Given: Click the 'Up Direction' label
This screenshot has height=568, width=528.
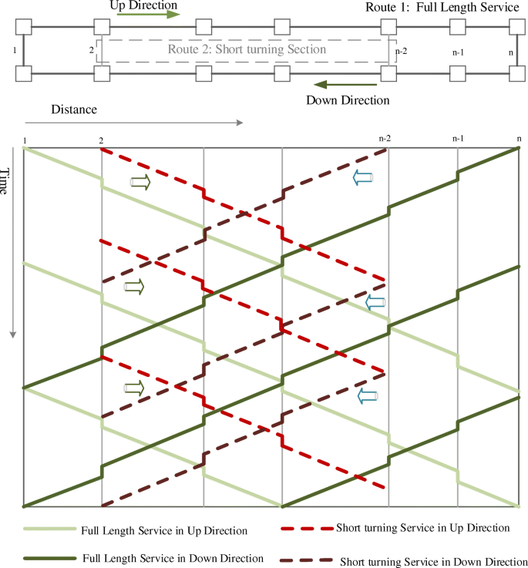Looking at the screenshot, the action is [143, 5].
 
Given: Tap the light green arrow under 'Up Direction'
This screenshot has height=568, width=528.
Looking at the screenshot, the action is [148, 15].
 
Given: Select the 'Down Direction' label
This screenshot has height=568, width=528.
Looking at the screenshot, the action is [348, 100].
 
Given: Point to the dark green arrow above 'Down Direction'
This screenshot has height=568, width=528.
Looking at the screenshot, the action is [345, 85].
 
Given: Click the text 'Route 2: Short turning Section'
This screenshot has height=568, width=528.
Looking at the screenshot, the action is [247, 49].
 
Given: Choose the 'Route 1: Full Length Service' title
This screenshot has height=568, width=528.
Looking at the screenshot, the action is [442, 7].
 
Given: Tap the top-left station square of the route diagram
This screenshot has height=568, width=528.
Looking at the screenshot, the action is [24, 27].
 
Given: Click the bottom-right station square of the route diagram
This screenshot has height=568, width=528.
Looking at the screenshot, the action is [517, 73].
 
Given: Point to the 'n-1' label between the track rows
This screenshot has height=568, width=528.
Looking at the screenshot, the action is [458, 52].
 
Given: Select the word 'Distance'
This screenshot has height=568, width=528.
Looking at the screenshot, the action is [74, 109].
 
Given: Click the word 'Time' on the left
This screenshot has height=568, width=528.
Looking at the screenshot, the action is [4, 181].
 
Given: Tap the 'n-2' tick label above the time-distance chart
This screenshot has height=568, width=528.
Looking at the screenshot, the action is [385, 139].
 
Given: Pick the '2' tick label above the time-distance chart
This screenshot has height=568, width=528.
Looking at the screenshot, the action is [101, 140].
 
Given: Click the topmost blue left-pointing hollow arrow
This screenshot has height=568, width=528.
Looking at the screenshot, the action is [363, 177].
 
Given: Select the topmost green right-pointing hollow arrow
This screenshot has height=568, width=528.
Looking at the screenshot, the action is [140, 182].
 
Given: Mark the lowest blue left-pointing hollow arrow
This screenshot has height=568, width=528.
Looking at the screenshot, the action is [368, 396].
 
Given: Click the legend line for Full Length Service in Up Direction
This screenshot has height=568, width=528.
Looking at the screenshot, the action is [49, 529].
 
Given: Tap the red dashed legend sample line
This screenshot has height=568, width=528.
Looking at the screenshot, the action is [307, 529].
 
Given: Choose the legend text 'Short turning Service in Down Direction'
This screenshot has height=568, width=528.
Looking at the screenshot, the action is [434, 562].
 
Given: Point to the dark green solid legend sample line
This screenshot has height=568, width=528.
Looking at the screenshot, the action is [49, 559].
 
